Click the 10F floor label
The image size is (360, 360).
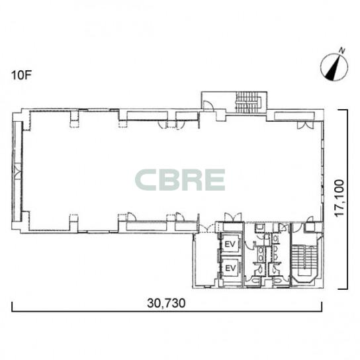21,75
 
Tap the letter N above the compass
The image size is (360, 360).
342,50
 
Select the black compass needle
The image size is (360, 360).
334,67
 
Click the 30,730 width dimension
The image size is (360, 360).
166,303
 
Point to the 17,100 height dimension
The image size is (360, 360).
339,198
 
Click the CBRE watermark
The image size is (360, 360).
180,180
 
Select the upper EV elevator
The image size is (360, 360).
230,244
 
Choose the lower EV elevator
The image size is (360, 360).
230,268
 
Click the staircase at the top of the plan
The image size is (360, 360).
249,102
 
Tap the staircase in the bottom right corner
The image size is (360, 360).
304,261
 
